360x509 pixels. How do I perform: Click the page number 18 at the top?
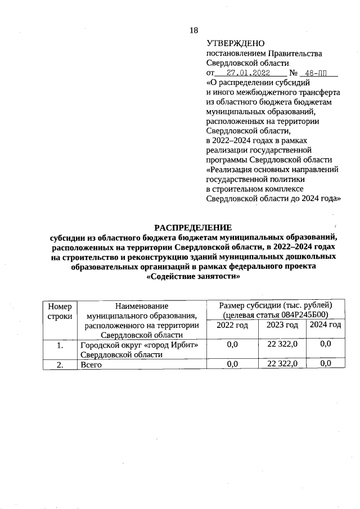[194, 30]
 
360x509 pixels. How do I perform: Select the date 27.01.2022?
[248, 73]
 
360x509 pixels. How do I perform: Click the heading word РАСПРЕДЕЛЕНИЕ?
[193, 228]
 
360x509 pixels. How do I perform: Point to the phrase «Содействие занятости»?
[193, 277]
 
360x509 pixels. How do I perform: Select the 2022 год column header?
[232, 325]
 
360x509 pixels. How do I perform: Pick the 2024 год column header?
[326, 325]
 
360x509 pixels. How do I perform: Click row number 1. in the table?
[60, 345]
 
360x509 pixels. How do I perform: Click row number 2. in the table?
[60, 364]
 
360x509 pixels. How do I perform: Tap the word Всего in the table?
[93, 364]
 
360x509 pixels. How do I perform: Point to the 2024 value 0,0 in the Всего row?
[326, 364]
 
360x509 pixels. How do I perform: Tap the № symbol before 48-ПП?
[293, 73]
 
